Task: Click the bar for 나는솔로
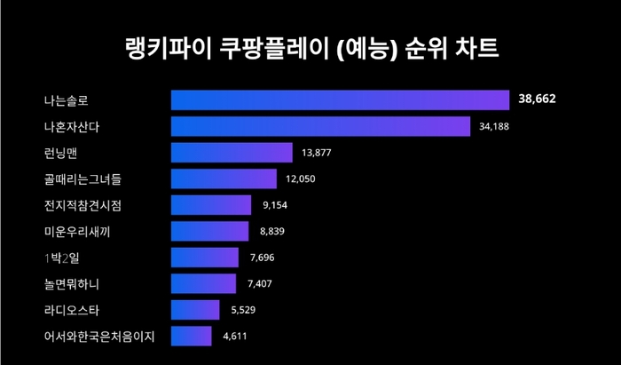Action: click(339, 100)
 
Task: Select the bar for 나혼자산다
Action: click(319, 126)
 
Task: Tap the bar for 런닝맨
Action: click(231, 153)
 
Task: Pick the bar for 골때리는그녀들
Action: click(223, 179)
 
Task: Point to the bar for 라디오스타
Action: click(194, 310)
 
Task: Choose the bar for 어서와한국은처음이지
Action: click(191, 336)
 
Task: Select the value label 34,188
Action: click(494, 126)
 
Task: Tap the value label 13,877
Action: click(317, 153)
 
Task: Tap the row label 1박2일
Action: click(61, 258)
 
